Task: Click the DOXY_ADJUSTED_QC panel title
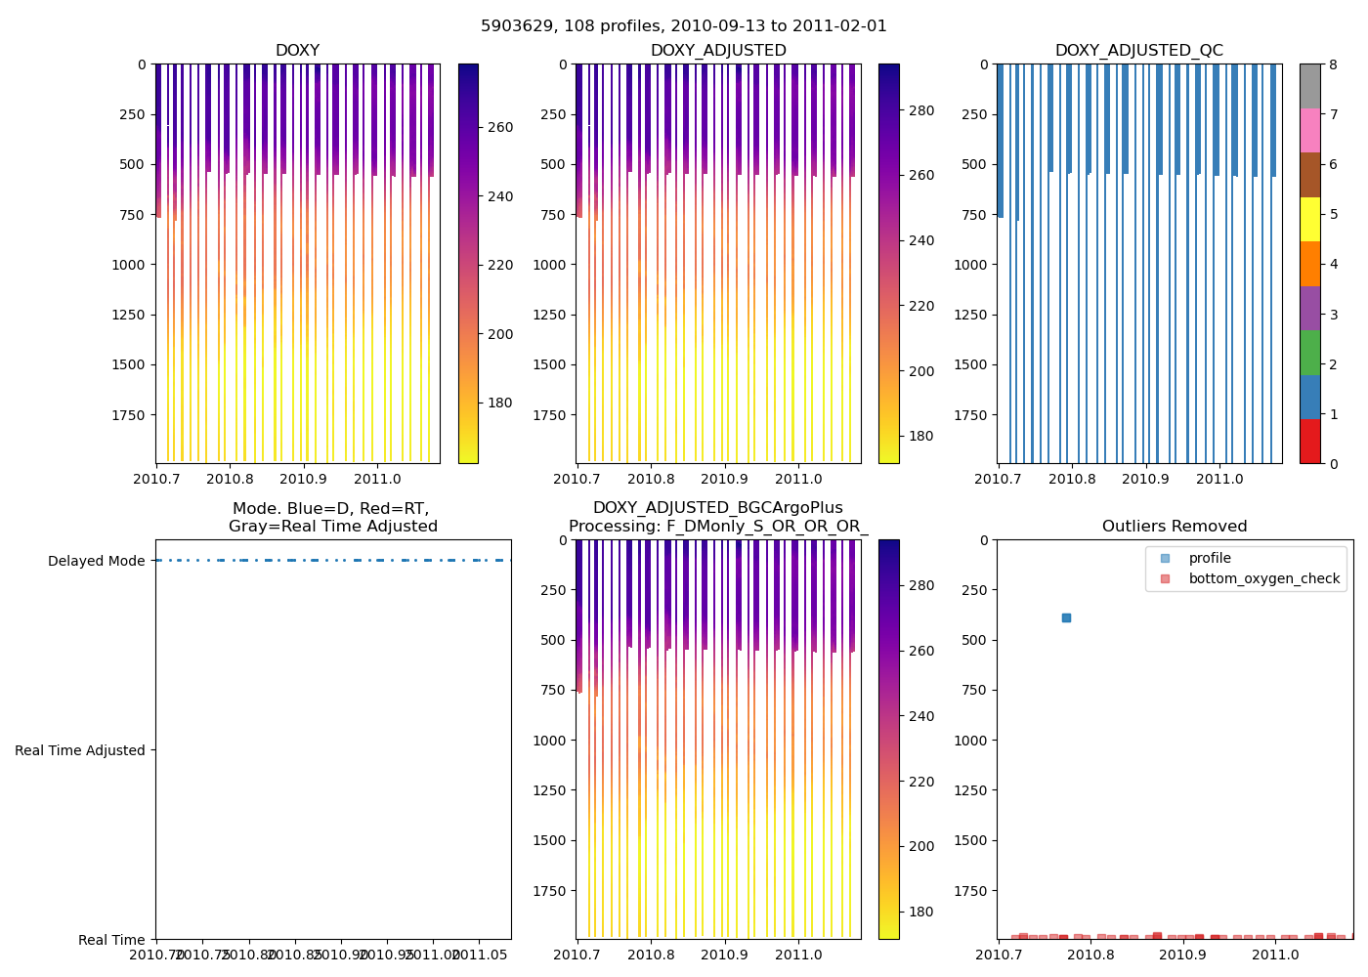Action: point(1138,51)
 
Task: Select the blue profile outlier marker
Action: point(1066,617)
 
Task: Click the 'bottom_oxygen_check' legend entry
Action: point(1263,578)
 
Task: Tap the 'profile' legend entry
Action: point(1210,558)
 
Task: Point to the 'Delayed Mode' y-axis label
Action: point(96,561)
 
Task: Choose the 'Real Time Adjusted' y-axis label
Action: point(80,750)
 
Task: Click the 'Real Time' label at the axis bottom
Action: point(111,940)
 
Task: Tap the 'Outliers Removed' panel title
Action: point(1175,527)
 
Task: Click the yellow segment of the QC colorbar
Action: point(1309,220)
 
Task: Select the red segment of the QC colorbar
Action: point(1309,442)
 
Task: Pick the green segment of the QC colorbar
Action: point(1309,353)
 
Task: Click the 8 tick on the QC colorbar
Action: point(1334,64)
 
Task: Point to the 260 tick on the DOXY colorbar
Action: point(499,127)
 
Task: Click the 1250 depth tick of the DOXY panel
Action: point(128,315)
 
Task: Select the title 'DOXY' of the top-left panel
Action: point(297,51)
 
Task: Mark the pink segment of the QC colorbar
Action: point(1309,131)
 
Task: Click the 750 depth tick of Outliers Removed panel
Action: point(974,690)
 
